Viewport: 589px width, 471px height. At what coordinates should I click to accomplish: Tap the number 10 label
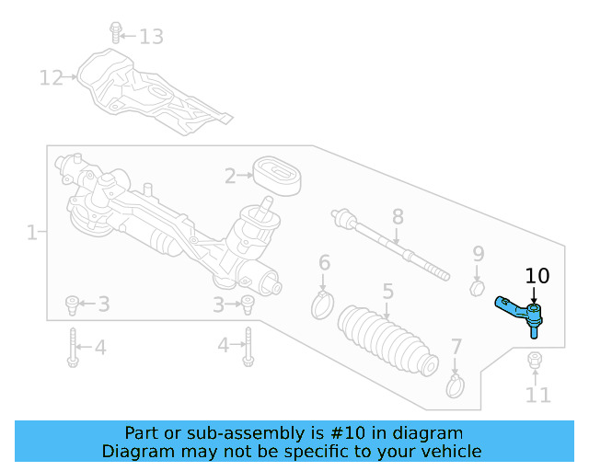pyautogui.click(x=537, y=275)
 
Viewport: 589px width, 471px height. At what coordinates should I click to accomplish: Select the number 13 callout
pyautogui.click(x=151, y=37)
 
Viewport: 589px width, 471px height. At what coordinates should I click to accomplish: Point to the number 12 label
pyautogui.click(x=51, y=77)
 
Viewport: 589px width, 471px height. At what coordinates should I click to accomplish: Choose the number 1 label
pyautogui.click(x=31, y=234)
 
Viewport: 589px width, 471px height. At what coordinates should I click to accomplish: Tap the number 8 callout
pyautogui.click(x=398, y=217)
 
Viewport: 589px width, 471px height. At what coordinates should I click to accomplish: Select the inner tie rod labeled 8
pyautogui.click(x=391, y=244)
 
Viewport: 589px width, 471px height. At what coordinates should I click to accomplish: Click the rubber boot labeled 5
pyautogui.click(x=385, y=339)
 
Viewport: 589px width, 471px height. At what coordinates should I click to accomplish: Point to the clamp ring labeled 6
pyautogui.click(x=322, y=303)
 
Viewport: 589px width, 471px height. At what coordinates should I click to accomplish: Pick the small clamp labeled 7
pyautogui.click(x=455, y=386)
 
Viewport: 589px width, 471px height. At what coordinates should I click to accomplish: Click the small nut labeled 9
pyautogui.click(x=477, y=290)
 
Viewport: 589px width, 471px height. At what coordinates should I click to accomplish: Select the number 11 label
pyautogui.click(x=537, y=396)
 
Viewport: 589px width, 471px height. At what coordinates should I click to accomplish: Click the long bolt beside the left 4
pyautogui.click(x=72, y=348)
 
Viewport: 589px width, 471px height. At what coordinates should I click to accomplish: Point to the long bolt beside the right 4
pyautogui.click(x=247, y=348)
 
